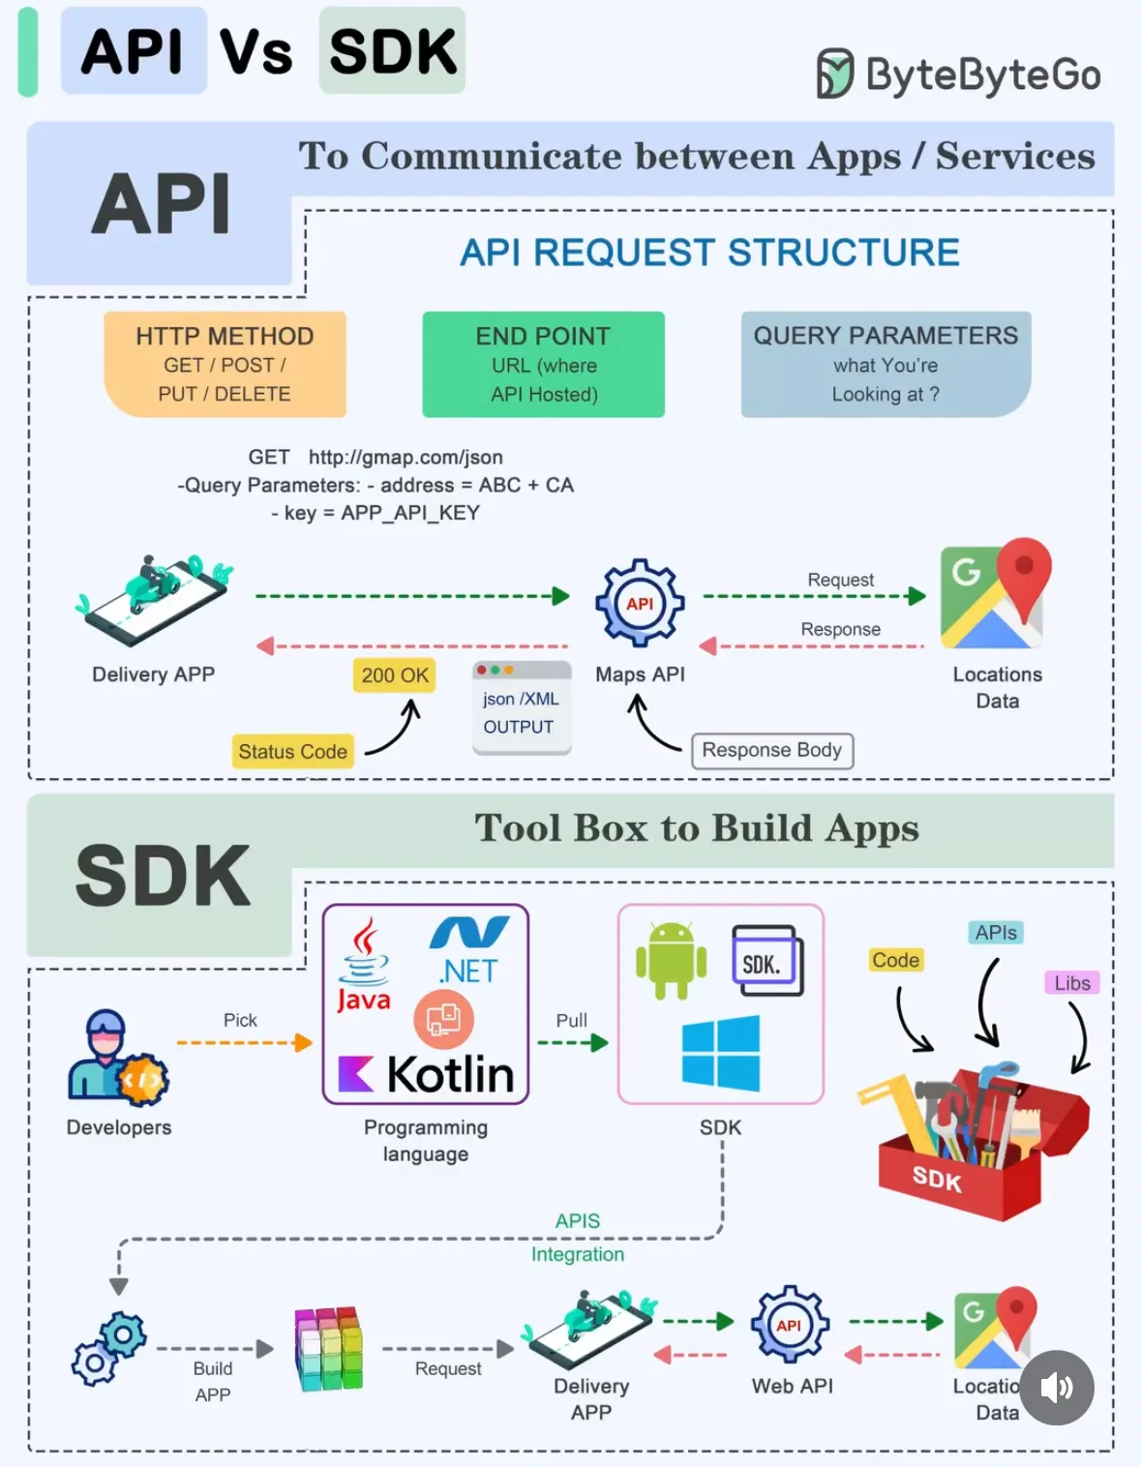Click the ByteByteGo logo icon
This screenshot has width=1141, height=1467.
tap(834, 74)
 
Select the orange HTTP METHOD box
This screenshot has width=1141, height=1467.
tap(225, 364)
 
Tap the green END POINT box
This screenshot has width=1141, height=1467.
tap(543, 364)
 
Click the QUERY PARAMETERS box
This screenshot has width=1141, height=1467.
tap(886, 364)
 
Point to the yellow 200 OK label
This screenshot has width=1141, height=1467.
tap(395, 674)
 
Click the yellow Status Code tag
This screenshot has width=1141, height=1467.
tap(292, 751)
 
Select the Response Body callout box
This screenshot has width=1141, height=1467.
tap(771, 750)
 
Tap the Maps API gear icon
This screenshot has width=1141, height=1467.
tap(640, 603)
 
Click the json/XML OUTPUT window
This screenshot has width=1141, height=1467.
tap(522, 707)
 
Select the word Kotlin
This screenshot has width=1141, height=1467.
tap(450, 1074)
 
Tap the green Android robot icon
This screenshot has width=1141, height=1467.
tap(671, 960)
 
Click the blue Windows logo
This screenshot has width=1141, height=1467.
tap(721, 1053)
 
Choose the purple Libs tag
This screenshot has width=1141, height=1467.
tap(1072, 983)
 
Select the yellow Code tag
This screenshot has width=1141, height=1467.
tap(895, 960)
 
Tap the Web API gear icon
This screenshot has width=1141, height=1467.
tap(790, 1325)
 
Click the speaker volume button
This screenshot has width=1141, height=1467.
tap(1057, 1388)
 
